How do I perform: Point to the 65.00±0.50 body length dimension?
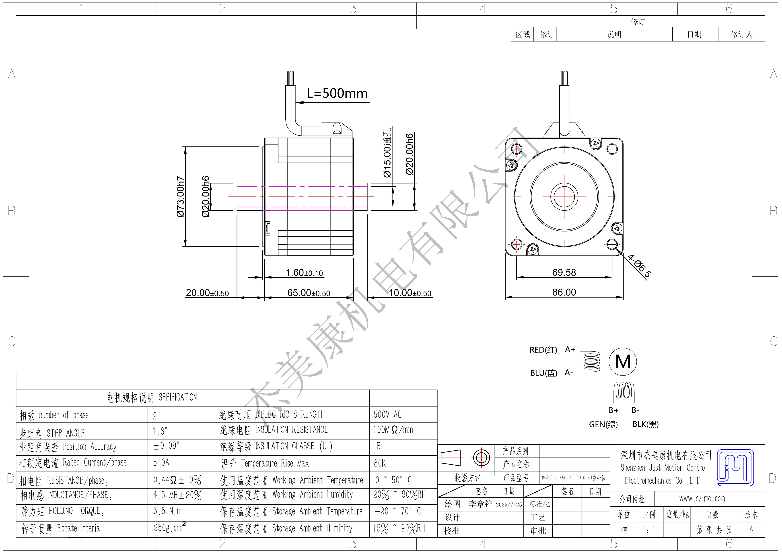pyautogui.click(x=309, y=293)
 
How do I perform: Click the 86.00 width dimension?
pyautogui.click(x=564, y=292)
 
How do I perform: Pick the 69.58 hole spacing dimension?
pyautogui.click(x=564, y=272)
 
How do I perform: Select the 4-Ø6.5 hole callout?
pyautogui.click(x=640, y=266)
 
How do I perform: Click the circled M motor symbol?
pyautogui.click(x=623, y=361)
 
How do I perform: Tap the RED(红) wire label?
pyautogui.click(x=543, y=350)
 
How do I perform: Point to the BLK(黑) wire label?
pyautogui.click(x=646, y=424)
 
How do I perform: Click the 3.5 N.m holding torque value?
pyautogui.click(x=168, y=511)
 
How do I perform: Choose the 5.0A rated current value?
pyautogui.click(x=161, y=463)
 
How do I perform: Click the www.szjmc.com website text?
pyautogui.click(x=702, y=499)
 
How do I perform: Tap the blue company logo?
pyautogui.click(x=735, y=467)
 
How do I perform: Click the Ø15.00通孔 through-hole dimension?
pyautogui.click(x=387, y=153)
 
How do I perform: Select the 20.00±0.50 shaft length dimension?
pyautogui.click(x=207, y=293)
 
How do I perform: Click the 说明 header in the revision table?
pyautogui.click(x=614, y=34)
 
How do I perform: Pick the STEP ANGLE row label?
pyautogui.click(x=65, y=433)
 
